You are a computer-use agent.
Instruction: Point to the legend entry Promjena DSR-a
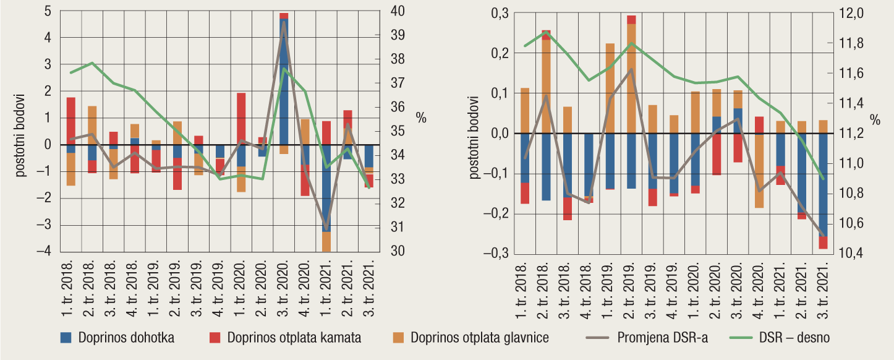[662, 338]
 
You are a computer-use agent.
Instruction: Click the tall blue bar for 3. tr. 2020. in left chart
[284, 80]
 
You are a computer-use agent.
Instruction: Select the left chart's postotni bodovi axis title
[20, 135]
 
